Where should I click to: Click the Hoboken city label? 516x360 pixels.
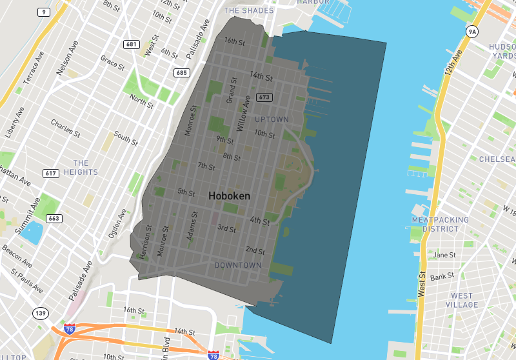tap(229, 195)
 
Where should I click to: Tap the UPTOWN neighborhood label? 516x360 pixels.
tap(272, 120)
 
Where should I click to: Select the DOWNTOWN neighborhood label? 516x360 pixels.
tap(238, 265)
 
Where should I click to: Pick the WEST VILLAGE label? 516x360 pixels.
tap(462, 300)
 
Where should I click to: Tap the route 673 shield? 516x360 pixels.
tap(263, 97)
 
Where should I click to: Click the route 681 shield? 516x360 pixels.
tap(132, 44)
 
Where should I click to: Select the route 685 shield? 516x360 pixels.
tap(181, 73)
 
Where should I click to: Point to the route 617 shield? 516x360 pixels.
tap(51, 174)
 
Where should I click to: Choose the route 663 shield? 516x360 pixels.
tap(54, 219)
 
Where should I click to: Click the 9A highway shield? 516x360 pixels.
tap(472, 32)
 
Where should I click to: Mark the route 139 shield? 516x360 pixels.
tap(41, 314)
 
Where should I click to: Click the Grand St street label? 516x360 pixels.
tap(230, 92)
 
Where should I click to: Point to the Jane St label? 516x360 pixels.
tap(444, 255)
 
